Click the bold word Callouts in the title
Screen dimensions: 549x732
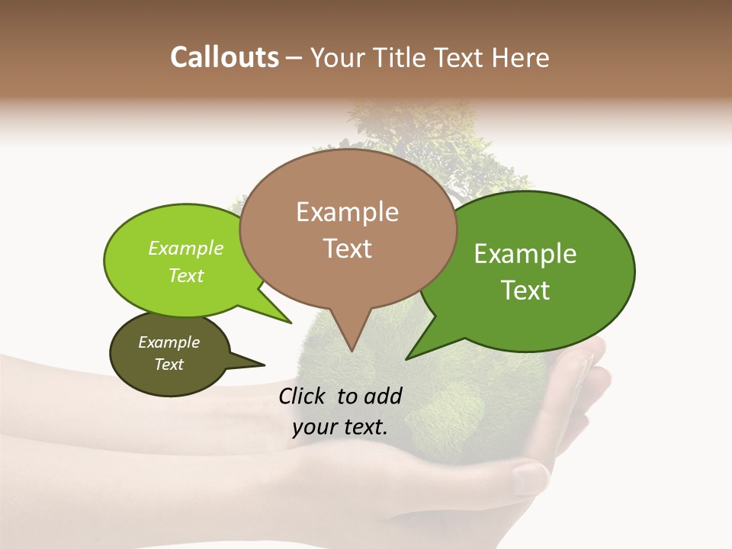224,57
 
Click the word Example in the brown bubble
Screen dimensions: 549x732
347,212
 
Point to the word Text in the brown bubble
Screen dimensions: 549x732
348,249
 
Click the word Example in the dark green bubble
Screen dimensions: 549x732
525,254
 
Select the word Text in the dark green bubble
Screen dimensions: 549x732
526,291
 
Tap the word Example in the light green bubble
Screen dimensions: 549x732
186,248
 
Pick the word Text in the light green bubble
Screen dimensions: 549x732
186,275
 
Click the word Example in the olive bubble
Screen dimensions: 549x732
169,342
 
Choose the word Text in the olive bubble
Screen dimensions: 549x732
169,364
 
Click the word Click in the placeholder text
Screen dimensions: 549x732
303,396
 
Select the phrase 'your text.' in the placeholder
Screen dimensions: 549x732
340,427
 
